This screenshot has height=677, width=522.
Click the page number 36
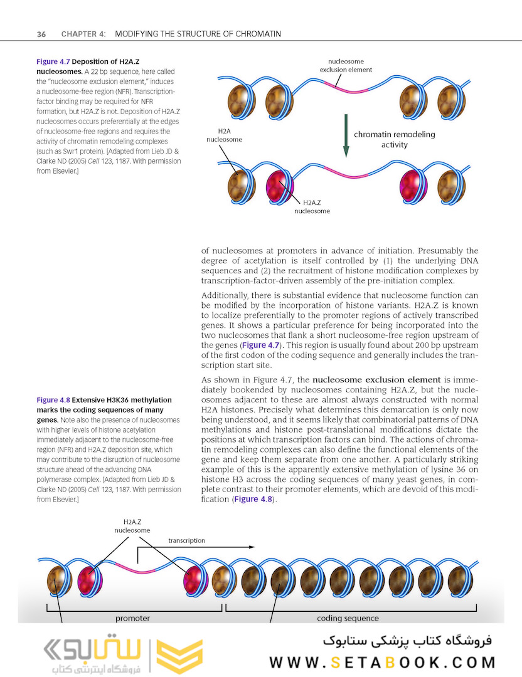41,33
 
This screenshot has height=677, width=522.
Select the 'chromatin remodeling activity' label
394,139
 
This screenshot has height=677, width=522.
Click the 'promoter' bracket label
132,618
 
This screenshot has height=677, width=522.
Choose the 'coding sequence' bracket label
348,618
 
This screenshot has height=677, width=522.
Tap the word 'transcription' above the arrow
186,540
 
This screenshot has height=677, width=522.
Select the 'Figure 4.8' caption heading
53,400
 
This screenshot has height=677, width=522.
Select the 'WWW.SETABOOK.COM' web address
383,662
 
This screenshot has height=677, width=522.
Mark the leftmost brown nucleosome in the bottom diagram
60,580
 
